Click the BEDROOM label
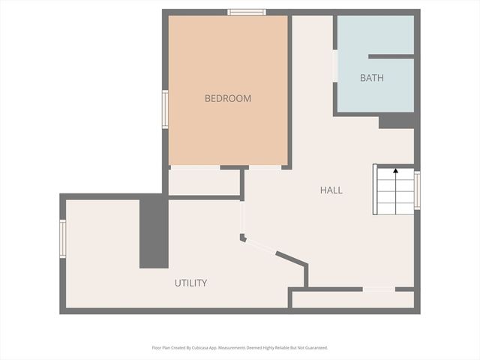(x=228, y=98)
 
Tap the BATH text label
(x=372, y=78)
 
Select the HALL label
(x=331, y=190)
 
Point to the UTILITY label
(x=190, y=283)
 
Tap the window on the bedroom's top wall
(x=247, y=12)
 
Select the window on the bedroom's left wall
(x=165, y=109)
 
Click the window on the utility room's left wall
(x=63, y=238)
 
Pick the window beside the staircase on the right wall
(x=417, y=190)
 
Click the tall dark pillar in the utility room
(x=154, y=231)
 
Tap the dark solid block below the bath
(x=397, y=121)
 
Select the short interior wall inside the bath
(x=391, y=56)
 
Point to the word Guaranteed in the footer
(x=313, y=348)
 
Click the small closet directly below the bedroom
(x=203, y=182)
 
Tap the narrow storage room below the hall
(x=352, y=299)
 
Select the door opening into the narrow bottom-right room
(x=379, y=289)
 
